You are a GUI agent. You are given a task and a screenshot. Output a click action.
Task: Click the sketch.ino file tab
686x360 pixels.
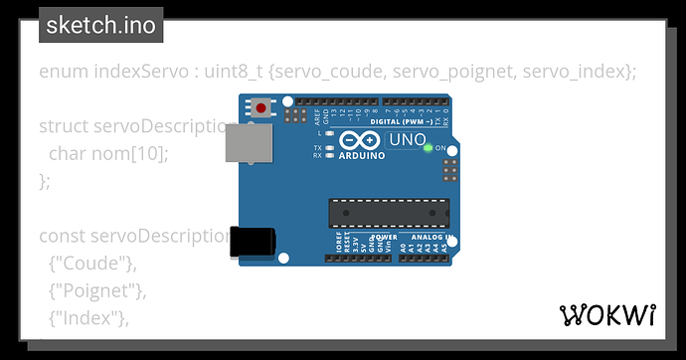pyautogui.click(x=100, y=25)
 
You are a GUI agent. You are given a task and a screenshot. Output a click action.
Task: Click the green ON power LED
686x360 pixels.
pyautogui.click(x=428, y=148)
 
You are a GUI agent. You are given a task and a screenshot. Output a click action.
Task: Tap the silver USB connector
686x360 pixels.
pyautogui.click(x=249, y=145)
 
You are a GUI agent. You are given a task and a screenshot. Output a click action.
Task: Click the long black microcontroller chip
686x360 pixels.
pyautogui.click(x=389, y=213)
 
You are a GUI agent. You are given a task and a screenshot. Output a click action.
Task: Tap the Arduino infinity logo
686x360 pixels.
pyautogui.click(x=359, y=140)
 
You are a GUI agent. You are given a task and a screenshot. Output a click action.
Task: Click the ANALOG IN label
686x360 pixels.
pyautogui.click(x=430, y=238)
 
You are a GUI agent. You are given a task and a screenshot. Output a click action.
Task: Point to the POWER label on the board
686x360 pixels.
pyautogui.click(x=384, y=238)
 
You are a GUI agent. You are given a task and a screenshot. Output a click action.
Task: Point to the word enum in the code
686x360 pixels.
pyautogui.click(x=62, y=72)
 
